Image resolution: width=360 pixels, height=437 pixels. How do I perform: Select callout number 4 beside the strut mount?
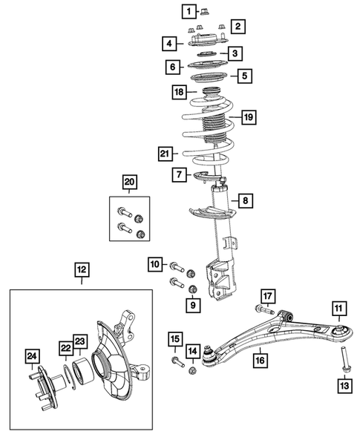coord(171,44)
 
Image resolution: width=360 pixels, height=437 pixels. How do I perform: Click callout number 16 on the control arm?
coord(260,360)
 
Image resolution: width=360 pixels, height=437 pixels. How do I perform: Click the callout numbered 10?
coord(154,263)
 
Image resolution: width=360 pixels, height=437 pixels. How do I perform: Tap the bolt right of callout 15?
coord(177,361)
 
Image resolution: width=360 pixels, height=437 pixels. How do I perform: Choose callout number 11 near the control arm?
coord(338,309)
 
